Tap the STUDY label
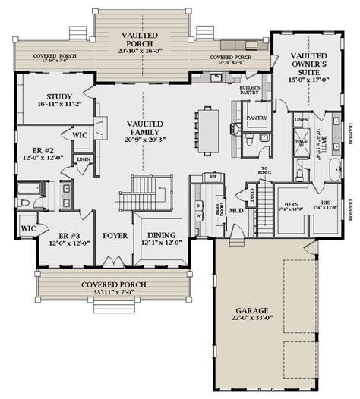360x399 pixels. [x=58, y=96]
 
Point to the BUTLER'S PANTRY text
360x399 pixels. [x=251, y=90]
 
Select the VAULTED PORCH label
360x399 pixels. [x=141, y=41]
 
